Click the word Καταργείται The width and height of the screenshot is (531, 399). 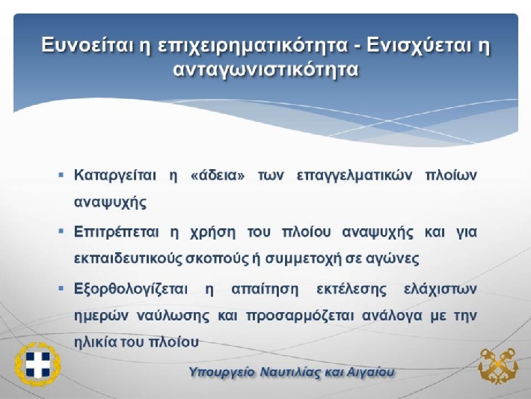point(115,176)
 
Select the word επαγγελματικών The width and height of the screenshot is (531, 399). point(354,176)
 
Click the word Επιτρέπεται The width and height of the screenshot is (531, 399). point(116,233)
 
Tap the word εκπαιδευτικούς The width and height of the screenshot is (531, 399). point(128,259)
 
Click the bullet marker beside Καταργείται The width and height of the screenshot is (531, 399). point(61,175)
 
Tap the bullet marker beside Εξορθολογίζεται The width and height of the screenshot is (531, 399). point(61,289)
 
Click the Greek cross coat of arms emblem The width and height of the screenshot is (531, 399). point(37,365)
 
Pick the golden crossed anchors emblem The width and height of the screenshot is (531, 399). point(498,366)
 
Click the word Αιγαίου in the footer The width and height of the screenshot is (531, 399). point(370,373)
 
